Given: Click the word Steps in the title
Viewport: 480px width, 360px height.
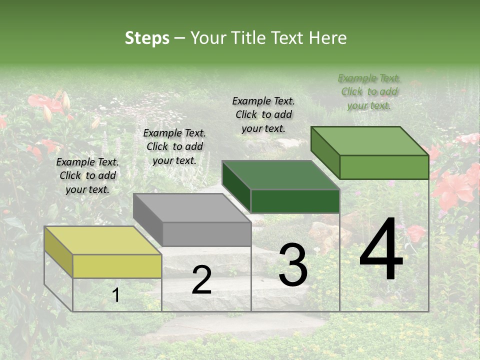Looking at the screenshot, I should [x=147, y=38].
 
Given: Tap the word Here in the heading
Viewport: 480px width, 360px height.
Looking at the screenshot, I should [x=328, y=38].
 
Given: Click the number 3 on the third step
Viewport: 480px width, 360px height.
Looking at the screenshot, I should [x=293, y=265].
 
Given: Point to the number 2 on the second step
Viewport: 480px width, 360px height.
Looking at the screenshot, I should [x=201, y=280].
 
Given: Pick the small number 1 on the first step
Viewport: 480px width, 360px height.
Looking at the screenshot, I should [x=116, y=295].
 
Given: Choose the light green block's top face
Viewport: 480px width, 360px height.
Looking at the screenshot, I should [x=370, y=141].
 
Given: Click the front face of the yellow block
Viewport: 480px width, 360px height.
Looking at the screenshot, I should [x=117, y=266].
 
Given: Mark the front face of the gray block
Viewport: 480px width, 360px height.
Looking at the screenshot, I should [x=206, y=234].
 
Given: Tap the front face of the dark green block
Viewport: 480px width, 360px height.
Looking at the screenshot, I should [x=295, y=201].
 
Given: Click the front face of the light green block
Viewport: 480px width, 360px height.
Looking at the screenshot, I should [x=384, y=167].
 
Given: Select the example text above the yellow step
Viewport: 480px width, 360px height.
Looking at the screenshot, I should [x=87, y=175].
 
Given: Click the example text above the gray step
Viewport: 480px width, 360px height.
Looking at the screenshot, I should [x=174, y=146].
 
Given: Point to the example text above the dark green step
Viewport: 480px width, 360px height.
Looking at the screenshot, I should [x=263, y=114].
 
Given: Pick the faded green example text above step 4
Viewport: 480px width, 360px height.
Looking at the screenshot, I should [x=369, y=91].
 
